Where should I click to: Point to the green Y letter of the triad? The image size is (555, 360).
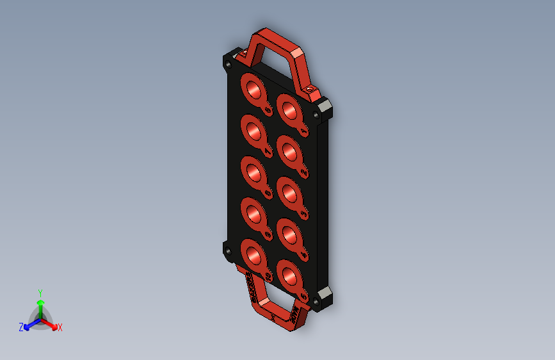pos(40,291)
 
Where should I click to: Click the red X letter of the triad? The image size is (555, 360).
pos(60,328)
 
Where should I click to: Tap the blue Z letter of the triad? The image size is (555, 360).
pos(21,327)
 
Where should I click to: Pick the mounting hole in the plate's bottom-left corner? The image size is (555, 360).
pos(228,251)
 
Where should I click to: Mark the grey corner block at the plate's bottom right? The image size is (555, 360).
pos(324,299)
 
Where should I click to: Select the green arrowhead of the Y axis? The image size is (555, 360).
pos(40,302)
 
